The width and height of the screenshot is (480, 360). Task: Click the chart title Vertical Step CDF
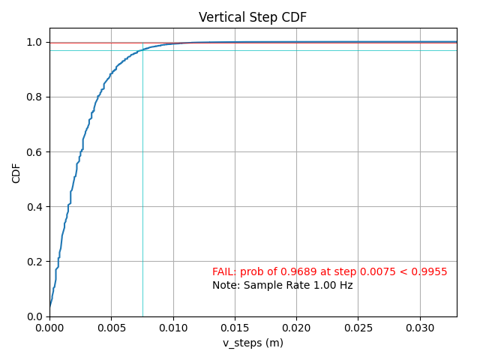click(x=253, y=17)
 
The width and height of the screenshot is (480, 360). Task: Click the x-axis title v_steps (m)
click(x=253, y=343)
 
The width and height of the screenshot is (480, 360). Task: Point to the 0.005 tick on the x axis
click(x=111, y=327)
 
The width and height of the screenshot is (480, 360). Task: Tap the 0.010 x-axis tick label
click(x=172, y=327)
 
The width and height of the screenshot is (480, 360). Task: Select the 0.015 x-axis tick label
click(x=235, y=327)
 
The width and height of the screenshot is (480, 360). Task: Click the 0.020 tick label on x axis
click(x=296, y=327)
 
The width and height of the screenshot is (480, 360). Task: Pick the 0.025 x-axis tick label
click(x=358, y=327)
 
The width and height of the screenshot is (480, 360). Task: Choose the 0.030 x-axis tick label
click(x=419, y=327)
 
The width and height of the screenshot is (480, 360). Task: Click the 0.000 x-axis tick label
click(x=49, y=327)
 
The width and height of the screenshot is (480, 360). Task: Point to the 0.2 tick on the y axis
click(x=35, y=262)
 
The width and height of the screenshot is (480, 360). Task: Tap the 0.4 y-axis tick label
click(x=35, y=207)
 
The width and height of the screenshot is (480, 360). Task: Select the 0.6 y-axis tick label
click(x=35, y=152)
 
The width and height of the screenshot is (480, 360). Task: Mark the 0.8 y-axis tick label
click(x=35, y=97)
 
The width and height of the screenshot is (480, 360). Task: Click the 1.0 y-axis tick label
click(x=35, y=43)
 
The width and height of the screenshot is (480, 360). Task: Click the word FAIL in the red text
click(x=223, y=271)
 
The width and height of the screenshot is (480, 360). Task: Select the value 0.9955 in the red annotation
click(x=431, y=271)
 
